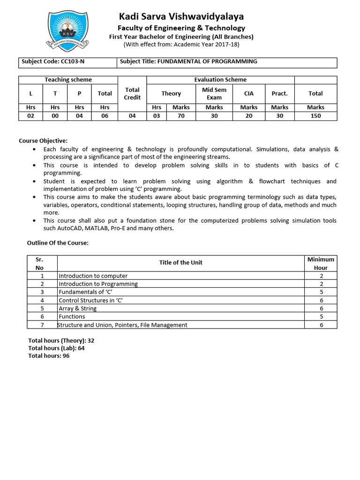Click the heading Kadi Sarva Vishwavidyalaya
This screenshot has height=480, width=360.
181,16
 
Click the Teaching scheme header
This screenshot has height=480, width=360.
68,80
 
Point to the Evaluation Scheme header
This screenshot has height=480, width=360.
220,80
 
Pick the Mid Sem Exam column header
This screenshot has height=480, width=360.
214,94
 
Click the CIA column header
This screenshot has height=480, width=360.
249,94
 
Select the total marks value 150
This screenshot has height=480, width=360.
315,116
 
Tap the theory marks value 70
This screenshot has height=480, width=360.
181,116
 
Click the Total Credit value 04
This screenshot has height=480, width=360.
132,116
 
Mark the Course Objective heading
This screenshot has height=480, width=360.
43,141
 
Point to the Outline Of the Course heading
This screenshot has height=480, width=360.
58,243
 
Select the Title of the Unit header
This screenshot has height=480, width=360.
180,262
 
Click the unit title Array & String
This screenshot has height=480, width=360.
78,308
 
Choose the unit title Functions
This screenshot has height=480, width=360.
72,316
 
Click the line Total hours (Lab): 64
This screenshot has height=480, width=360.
56,348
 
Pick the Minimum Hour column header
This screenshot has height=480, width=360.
321,263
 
